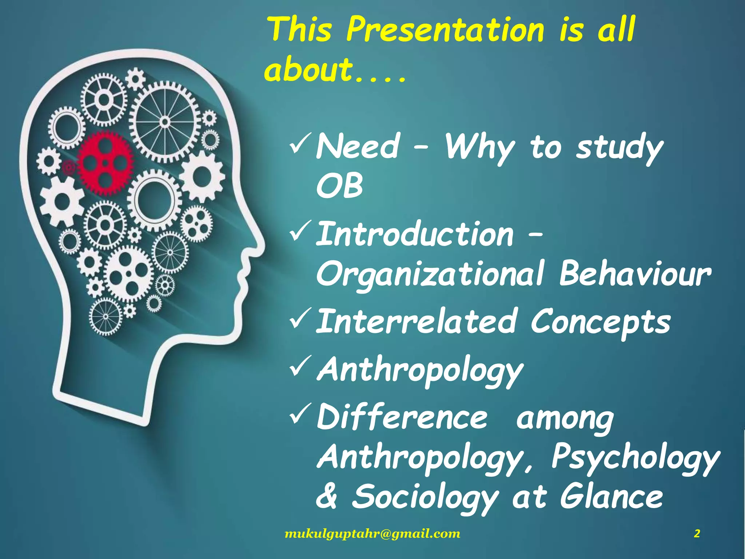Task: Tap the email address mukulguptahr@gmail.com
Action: click(x=372, y=534)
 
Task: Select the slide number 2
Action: click(x=697, y=534)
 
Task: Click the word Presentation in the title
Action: click(x=445, y=30)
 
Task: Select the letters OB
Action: click(x=339, y=186)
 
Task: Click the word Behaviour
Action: click(x=634, y=274)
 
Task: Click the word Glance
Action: click(x=611, y=497)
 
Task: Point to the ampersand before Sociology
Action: click(x=327, y=497)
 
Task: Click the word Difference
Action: click(x=402, y=417)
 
